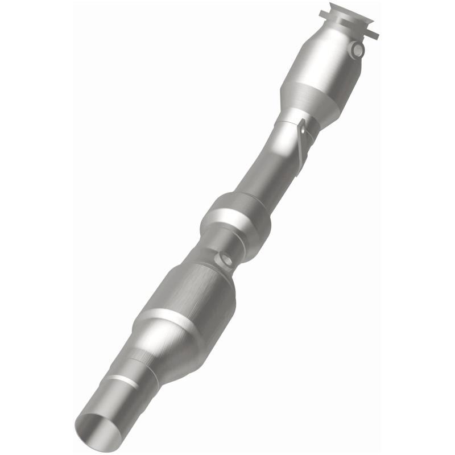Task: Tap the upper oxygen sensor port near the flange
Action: [357, 50]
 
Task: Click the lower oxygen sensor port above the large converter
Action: [226, 260]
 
